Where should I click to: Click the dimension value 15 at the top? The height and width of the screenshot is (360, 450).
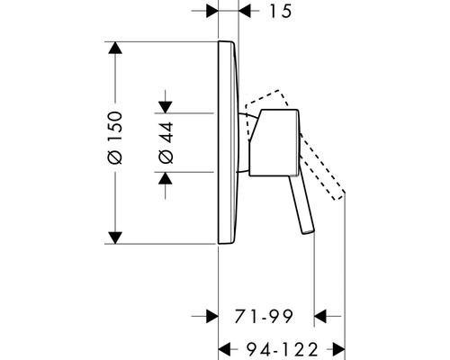tap(281, 12)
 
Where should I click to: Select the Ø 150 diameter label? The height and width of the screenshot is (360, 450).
tap(115, 138)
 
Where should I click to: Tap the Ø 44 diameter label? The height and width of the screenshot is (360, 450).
tap(166, 142)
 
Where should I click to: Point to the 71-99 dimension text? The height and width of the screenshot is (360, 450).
tap(264, 316)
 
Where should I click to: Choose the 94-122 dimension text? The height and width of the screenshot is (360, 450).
tap(282, 349)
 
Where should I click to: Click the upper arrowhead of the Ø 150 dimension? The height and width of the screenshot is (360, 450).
tap(115, 48)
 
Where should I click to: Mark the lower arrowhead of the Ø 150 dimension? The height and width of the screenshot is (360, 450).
tap(115, 238)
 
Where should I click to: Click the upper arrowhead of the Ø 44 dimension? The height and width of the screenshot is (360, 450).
tap(166, 107)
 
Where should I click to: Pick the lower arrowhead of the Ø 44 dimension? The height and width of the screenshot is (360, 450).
tap(166, 178)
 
